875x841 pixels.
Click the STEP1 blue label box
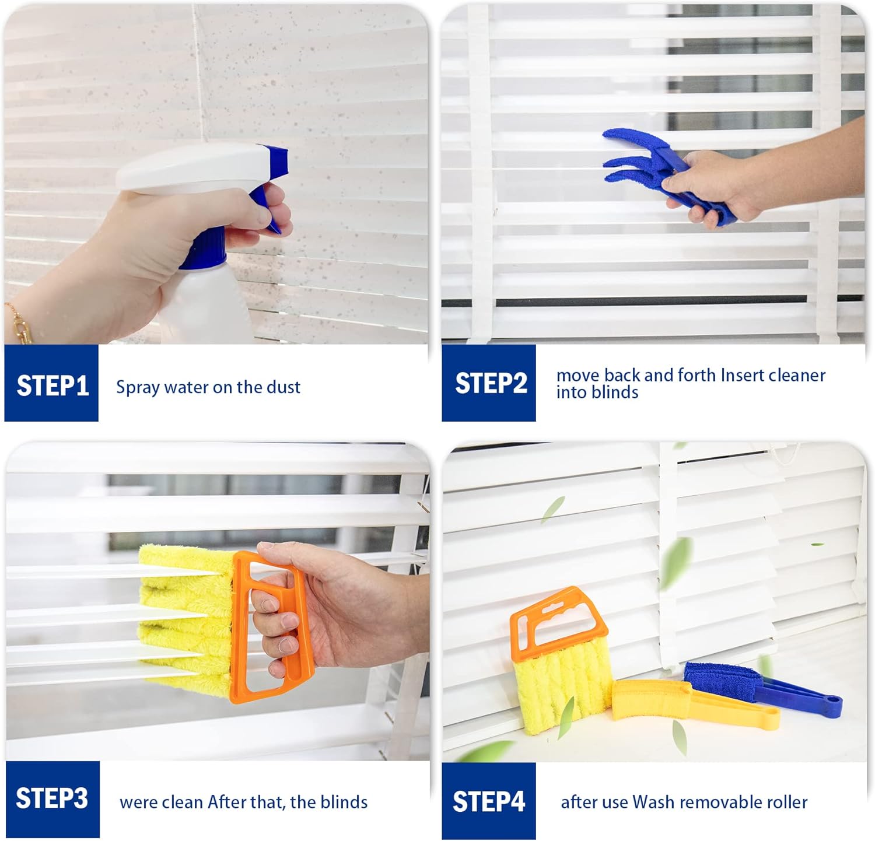click(51, 383)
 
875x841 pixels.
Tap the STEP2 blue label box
click(489, 383)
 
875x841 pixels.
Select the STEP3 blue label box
click(52, 799)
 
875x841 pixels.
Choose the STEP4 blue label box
click(489, 801)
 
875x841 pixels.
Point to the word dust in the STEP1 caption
click(283, 387)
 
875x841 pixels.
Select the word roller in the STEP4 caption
click(785, 802)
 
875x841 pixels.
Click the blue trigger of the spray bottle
click(265, 207)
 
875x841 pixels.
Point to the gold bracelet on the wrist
click(17, 324)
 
